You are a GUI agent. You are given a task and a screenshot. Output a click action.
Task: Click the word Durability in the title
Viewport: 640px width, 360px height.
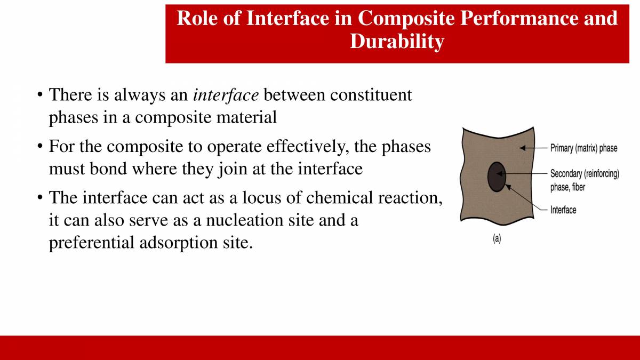click(x=396, y=41)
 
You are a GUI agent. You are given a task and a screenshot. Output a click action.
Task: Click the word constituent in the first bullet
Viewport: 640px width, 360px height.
click(x=371, y=95)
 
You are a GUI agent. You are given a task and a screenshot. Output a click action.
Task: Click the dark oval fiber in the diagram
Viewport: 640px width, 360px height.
click(x=497, y=177)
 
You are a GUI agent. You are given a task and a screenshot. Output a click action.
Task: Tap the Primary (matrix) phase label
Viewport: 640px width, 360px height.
click(x=583, y=148)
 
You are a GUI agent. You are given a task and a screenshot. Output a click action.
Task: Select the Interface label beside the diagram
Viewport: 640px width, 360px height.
click(x=563, y=210)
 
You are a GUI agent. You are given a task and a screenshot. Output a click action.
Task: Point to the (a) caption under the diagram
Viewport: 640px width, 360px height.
click(x=497, y=239)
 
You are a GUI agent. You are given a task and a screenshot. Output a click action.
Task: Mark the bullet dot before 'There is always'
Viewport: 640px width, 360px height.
click(x=40, y=96)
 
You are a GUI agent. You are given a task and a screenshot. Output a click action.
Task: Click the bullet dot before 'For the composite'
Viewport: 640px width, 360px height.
click(x=40, y=147)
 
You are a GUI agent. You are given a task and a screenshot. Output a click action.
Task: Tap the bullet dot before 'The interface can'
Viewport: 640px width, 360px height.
click(x=40, y=198)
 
